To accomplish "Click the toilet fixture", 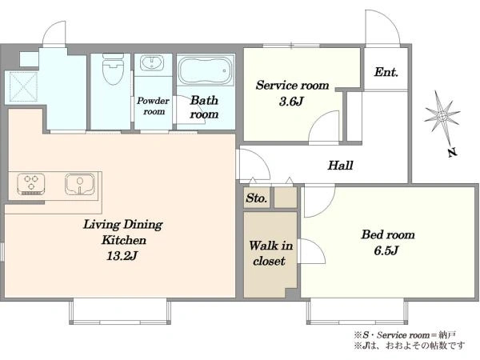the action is click(113, 69).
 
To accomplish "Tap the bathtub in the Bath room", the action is click(206, 70).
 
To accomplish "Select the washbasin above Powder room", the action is click(152, 63).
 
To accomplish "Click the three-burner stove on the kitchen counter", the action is click(31, 184).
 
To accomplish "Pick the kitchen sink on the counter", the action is click(79, 184).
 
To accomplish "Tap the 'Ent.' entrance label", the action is click(386, 72).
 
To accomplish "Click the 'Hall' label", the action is click(341, 166).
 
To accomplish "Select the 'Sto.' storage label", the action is click(257, 198).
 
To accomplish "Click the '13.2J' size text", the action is click(122, 256).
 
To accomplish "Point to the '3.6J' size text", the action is click(291, 101).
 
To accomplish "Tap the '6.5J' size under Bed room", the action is click(386, 250).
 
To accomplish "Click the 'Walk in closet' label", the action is click(270, 253).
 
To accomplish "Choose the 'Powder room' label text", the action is click(153, 106).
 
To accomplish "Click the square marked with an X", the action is click(23, 86).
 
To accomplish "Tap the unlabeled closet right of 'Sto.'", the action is click(286, 198).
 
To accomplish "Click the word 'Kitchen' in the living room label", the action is click(124, 240).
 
